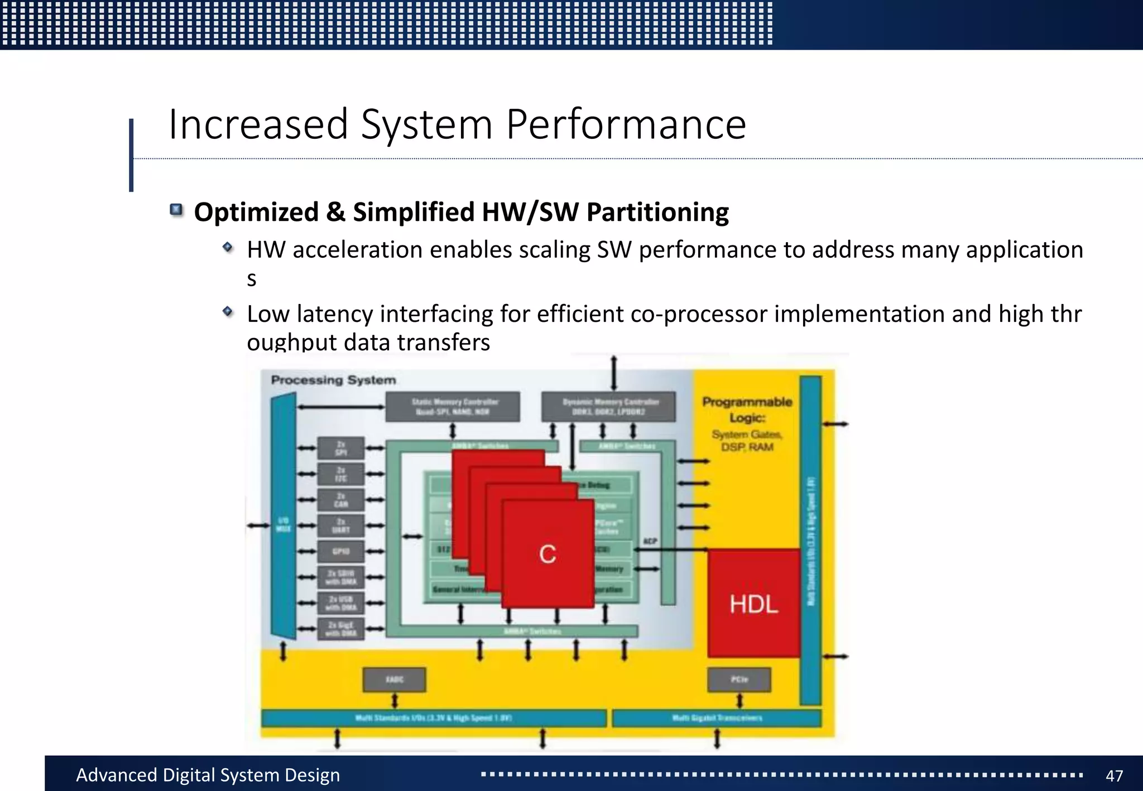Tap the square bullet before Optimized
(x=176, y=210)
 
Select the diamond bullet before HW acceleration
(x=228, y=247)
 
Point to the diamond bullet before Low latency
(x=228, y=311)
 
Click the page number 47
(x=1114, y=775)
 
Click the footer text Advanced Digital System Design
(x=208, y=775)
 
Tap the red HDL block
(x=753, y=604)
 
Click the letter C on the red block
(x=548, y=554)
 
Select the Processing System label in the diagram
(x=333, y=380)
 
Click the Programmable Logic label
(x=747, y=409)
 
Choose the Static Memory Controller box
(x=453, y=407)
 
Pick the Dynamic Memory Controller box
(x=608, y=407)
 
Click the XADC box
(x=394, y=679)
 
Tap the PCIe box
(x=739, y=679)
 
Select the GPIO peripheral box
(x=341, y=552)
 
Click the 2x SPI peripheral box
(x=341, y=448)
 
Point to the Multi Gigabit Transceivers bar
(x=717, y=718)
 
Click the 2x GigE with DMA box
(x=341, y=629)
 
